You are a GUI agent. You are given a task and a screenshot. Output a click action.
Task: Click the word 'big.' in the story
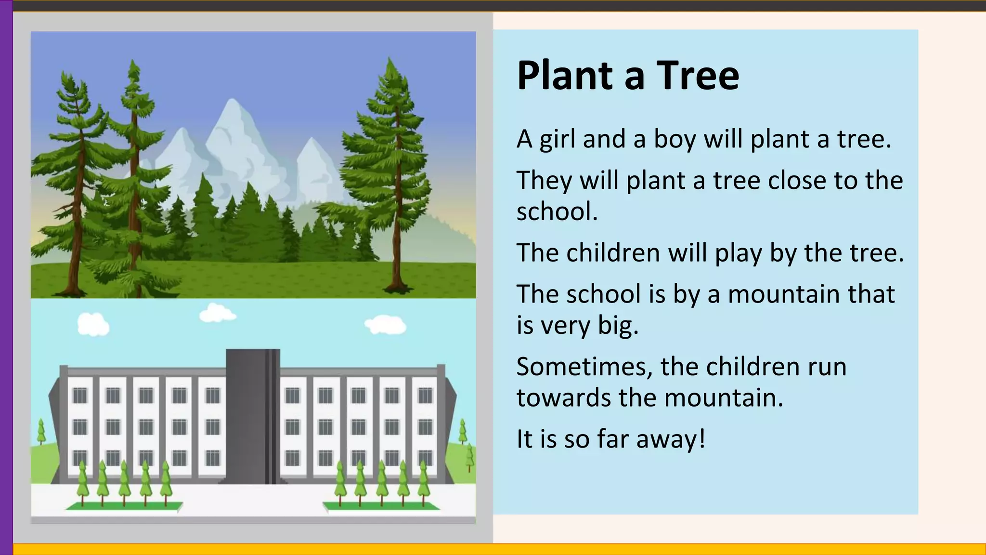tap(618, 326)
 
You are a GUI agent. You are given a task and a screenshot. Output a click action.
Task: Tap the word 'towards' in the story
tap(564, 398)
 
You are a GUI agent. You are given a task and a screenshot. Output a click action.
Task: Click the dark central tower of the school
tap(253, 414)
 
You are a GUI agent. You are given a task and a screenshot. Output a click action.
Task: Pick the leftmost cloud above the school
tap(93, 324)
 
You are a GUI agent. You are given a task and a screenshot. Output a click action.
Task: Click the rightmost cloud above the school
tap(385, 324)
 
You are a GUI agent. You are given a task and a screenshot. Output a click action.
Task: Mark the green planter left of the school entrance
tap(124, 506)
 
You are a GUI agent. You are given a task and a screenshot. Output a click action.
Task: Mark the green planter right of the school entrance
tap(381, 506)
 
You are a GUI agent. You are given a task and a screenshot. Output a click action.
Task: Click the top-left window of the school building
tap(80, 396)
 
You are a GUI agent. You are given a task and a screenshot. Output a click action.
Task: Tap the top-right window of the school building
tap(425, 396)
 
